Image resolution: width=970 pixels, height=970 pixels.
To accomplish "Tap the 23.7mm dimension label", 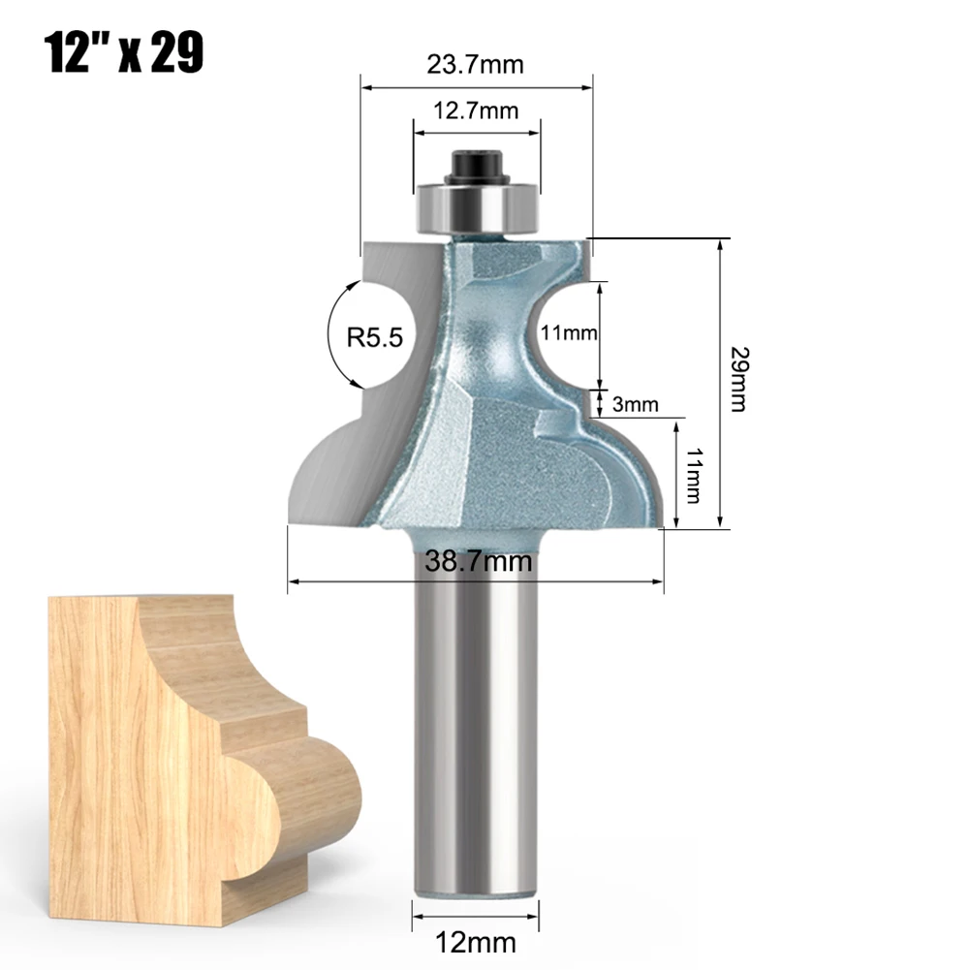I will click(475, 65).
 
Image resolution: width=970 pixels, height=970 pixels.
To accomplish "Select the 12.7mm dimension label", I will click(475, 110).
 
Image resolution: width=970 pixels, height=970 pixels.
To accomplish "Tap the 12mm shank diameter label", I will click(477, 940).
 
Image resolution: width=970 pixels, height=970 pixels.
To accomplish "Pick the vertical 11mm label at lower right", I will click(692, 475).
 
